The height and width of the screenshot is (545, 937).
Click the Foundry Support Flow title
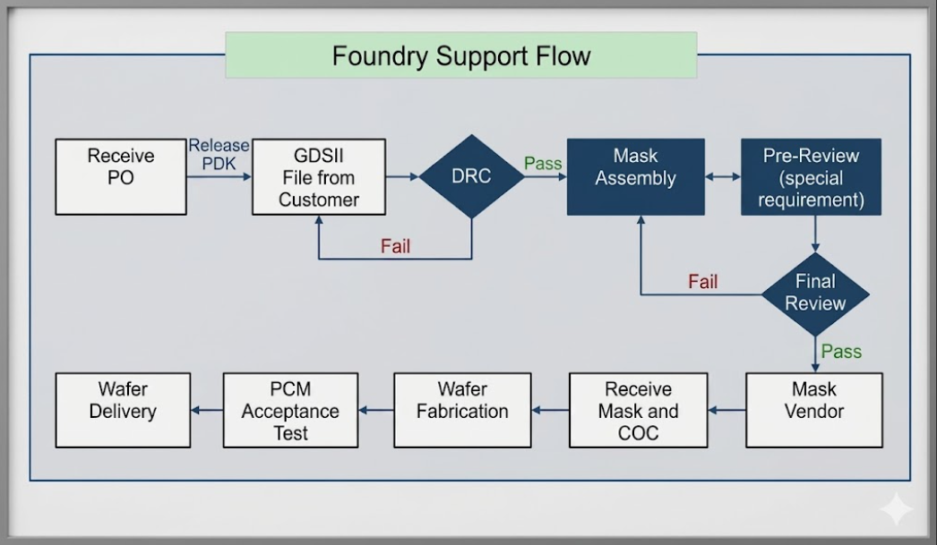point(460,55)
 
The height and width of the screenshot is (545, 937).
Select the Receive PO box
point(121,176)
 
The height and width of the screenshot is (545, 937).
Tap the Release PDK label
point(219,154)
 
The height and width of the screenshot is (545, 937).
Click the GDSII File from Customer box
point(319,176)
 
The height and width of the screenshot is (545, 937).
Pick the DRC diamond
point(471,176)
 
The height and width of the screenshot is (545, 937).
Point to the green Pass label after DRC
point(543,163)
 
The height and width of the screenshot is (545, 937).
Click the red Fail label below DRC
point(395,246)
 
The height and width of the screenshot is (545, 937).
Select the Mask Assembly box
point(636,176)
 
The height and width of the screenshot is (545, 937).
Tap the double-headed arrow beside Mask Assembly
point(723,176)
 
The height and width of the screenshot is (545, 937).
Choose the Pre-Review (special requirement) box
point(811,176)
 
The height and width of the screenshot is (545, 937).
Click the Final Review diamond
point(815,294)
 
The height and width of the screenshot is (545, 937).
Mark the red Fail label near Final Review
point(702,281)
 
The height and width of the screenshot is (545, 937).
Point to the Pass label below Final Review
point(841,351)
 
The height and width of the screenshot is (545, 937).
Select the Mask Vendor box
point(814,410)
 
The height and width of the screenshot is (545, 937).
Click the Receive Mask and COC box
point(638,410)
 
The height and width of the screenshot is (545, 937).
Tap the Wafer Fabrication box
point(462,410)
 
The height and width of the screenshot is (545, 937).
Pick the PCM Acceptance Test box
point(290,410)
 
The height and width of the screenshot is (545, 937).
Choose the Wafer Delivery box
point(123,410)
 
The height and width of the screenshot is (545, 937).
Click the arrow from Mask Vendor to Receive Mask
point(726,410)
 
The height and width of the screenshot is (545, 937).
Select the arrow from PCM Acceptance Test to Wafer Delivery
point(207,410)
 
